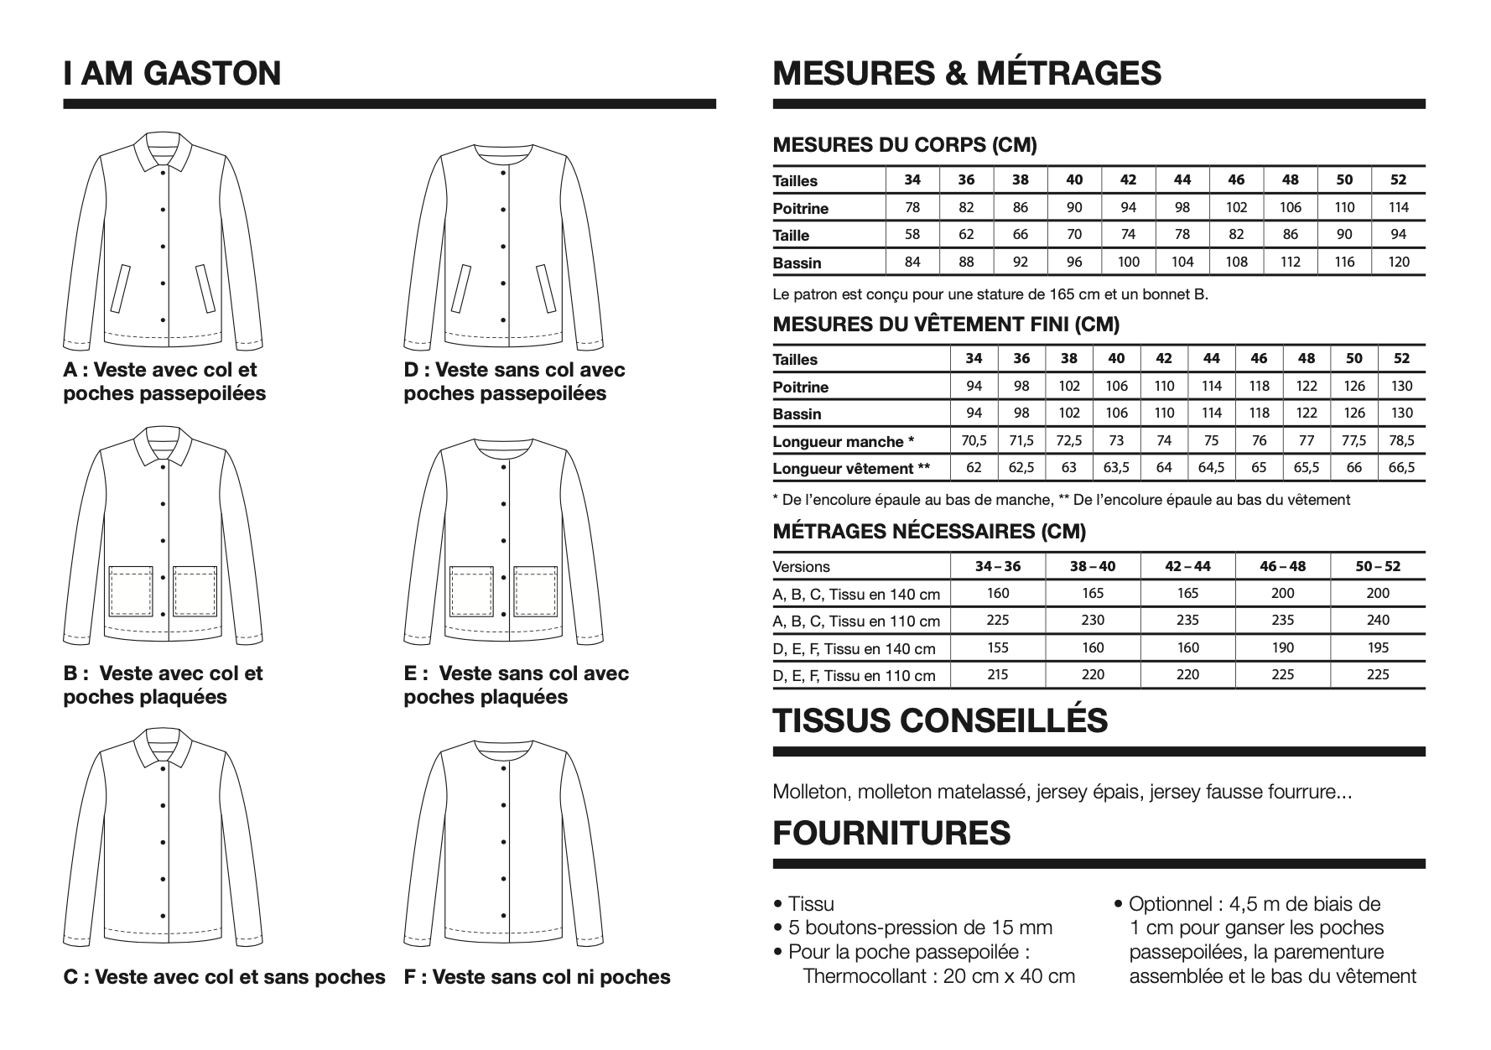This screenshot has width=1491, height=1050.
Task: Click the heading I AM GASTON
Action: pos(172,73)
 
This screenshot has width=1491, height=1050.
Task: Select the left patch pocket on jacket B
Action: pos(131,590)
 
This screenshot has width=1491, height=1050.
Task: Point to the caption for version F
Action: pos(537,977)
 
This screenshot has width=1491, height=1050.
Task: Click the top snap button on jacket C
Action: pos(163,804)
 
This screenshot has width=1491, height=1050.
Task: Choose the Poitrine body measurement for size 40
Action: pos(1074,208)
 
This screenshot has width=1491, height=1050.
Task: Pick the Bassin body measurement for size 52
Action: pos(1399,262)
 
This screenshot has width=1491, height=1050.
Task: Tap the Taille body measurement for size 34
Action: pos(912,235)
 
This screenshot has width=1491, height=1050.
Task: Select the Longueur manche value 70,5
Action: pos(974,441)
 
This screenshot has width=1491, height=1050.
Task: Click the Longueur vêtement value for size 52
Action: pos(1401,468)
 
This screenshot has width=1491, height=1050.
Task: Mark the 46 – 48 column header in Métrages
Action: pos(1282,566)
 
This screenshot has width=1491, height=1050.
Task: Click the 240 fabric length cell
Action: pos(1378,621)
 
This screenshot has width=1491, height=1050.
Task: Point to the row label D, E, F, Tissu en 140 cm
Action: pos(854,648)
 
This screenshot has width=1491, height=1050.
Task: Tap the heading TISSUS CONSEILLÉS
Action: pos(940,721)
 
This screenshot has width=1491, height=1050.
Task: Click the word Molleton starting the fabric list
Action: pos(808,792)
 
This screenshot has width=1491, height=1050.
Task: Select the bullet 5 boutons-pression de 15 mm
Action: pos(920,928)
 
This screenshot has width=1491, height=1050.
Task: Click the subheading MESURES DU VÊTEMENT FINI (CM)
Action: pos(946,325)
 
